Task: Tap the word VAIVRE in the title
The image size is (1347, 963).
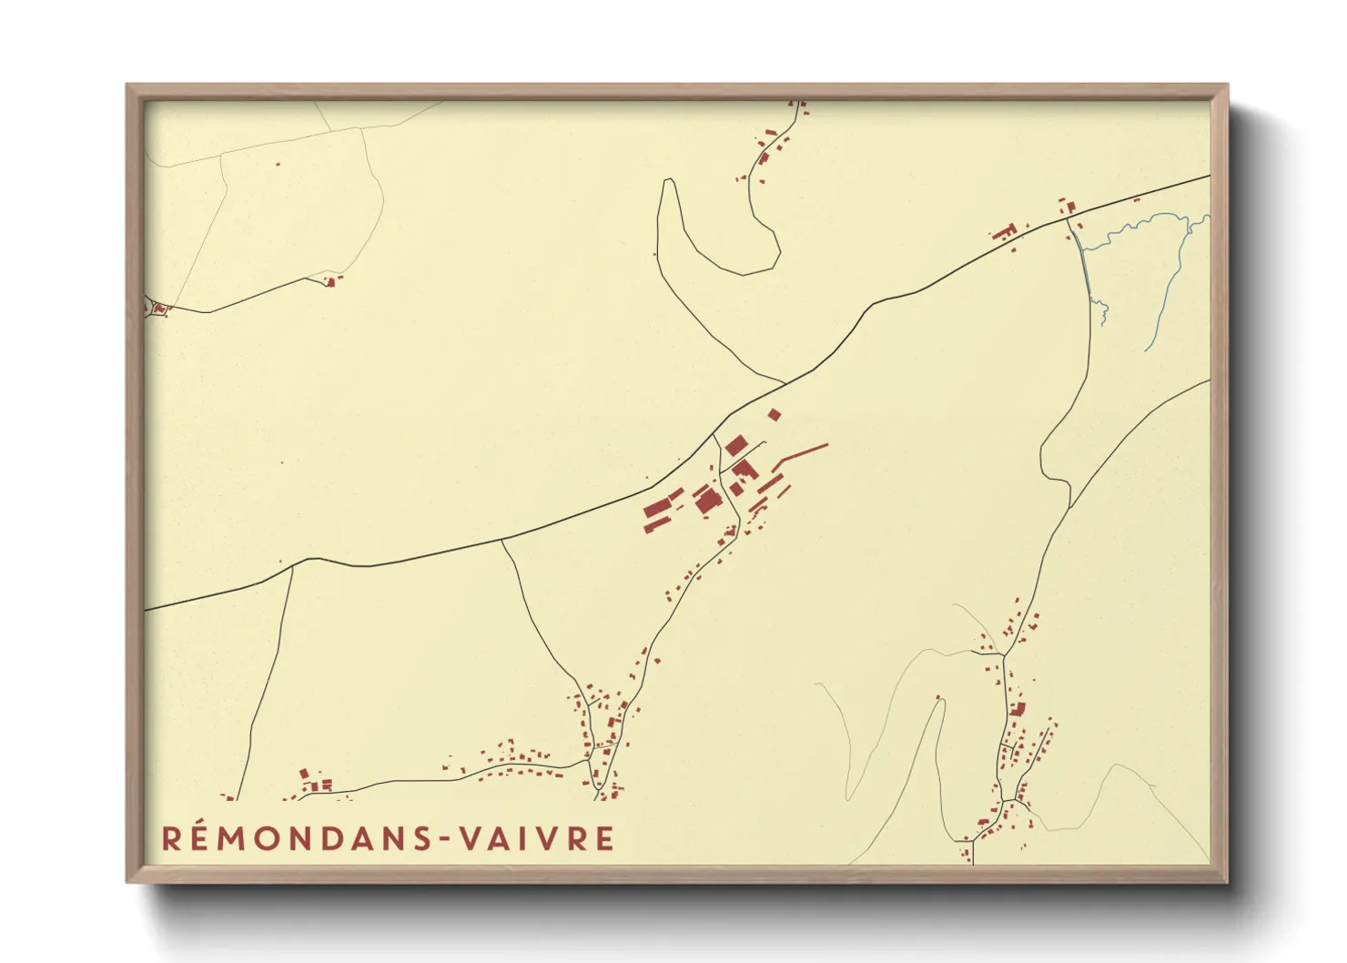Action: click(x=536, y=838)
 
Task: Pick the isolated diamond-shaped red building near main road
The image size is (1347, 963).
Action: click(x=774, y=414)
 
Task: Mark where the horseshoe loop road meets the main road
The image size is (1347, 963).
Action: click(x=785, y=383)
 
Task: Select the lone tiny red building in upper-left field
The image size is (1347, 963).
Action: click(x=278, y=165)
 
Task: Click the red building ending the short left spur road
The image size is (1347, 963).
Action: click(x=331, y=282)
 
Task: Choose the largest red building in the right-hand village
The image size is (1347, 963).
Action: click(x=1018, y=708)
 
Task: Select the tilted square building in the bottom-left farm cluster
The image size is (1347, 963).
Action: click(x=305, y=774)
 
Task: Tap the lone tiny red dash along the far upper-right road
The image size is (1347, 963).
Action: click(x=1137, y=198)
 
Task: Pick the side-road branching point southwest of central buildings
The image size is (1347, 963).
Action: click(x=501, y=540)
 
